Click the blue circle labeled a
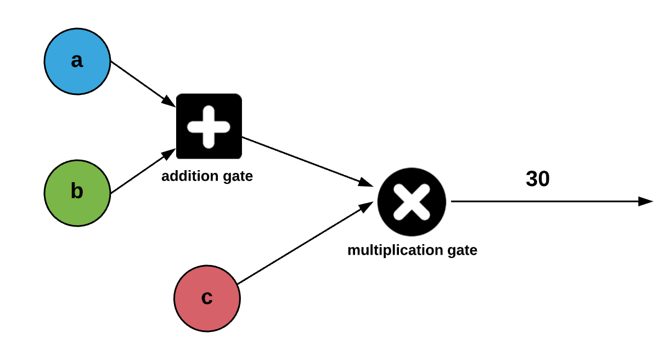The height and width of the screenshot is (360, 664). (77, 61)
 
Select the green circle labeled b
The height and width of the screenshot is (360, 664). (77, 193)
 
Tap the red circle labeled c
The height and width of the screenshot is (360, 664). (207, 299)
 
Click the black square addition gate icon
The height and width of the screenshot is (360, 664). (209, 126)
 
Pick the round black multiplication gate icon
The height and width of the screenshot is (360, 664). (412, 202)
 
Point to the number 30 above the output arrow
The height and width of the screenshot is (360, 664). (537, 179)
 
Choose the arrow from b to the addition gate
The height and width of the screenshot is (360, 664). (140, 173)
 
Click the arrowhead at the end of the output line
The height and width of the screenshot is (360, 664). (646, 201)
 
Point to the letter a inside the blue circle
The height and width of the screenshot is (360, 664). (77, 60)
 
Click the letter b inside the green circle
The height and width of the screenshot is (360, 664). (77, 192)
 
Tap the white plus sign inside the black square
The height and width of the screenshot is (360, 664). (209, 126)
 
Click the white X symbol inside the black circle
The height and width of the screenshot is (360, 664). (412, 202)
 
